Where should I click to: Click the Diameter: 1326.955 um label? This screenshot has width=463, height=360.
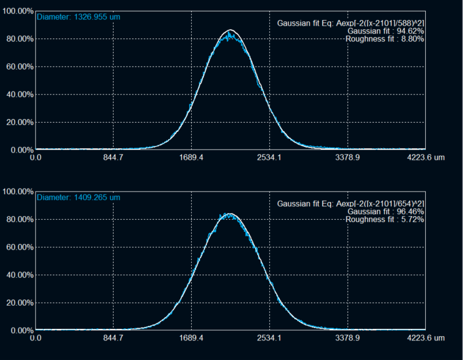pyautogui.click(x=78, y=17)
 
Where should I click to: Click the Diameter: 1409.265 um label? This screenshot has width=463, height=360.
pyautogui.click(x=78, y=198)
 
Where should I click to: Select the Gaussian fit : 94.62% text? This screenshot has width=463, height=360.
pyautogui.click(x=385, y=31)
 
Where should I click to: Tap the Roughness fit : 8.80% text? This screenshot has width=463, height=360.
pyautogui.click(x=385, y=39)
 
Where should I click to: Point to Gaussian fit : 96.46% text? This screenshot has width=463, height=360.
pyautogui.click(x=385, y=211)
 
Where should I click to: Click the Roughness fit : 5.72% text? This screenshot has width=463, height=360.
pyautogui.click(x=385, y=219)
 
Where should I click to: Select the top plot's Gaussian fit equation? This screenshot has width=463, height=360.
pyautogui.click(x=351, y=23)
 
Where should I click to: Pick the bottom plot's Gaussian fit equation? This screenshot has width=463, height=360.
pyautogui.click(x=351, y=203)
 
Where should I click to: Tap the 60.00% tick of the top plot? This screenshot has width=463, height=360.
pyautogui.click(x=18, y=67)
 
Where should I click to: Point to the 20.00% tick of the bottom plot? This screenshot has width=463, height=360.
pyautogui.click(x=18, y=303)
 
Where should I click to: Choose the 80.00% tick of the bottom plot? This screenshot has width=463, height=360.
pyautogui.click(x=18, y=219)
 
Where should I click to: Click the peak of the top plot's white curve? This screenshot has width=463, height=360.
pyautogui.click(x=230, y=30)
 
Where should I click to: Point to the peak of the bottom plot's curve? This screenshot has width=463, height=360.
pyautogui.click(x=230, y=214)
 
